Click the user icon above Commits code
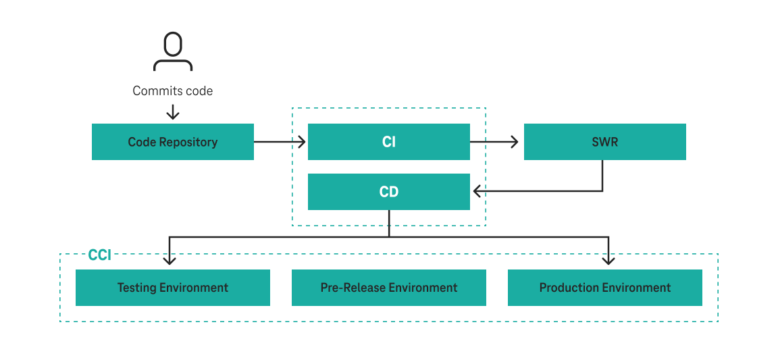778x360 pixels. click(173, 52)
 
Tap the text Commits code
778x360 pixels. click(173, 91)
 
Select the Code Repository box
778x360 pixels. click(173, 142)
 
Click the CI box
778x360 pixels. click(389, 142)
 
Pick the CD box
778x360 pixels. click(389, 192)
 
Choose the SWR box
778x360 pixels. click(605, 142)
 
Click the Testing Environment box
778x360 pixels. click(173, 288)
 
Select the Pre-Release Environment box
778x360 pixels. click(389, 288)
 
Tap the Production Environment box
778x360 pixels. click(605, 288)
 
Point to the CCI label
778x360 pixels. click(99, 255)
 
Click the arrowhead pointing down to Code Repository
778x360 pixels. click(173, 114)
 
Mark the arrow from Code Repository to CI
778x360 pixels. click(280, 142)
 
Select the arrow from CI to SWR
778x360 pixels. click(494, 142)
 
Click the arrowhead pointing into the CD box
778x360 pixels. click(477, 192)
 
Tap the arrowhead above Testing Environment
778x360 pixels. click(170, 259)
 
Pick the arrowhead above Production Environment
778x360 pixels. click(608, 259)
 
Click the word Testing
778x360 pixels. click(137, 288)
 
